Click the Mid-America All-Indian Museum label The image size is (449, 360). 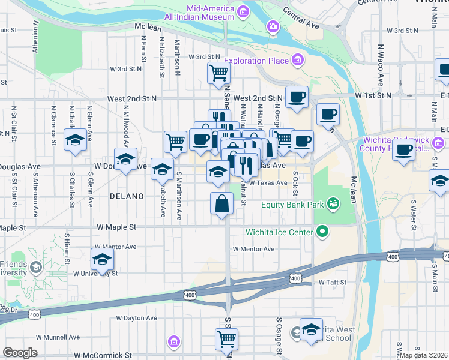point(202,13)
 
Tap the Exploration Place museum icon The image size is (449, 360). point(297,60)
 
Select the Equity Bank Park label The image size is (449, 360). point(289,205)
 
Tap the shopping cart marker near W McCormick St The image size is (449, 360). point(226,339)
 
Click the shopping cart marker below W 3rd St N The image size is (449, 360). point(218,73)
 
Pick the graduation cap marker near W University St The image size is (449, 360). point(102,259)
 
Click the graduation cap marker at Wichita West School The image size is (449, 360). point(311,329)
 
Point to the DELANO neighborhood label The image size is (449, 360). point(127,196)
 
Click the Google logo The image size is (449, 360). point(20,353)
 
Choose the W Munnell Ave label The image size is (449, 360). point(58,338)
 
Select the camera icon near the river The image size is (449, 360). point(273,26)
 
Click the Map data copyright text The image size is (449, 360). point(424,355)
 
